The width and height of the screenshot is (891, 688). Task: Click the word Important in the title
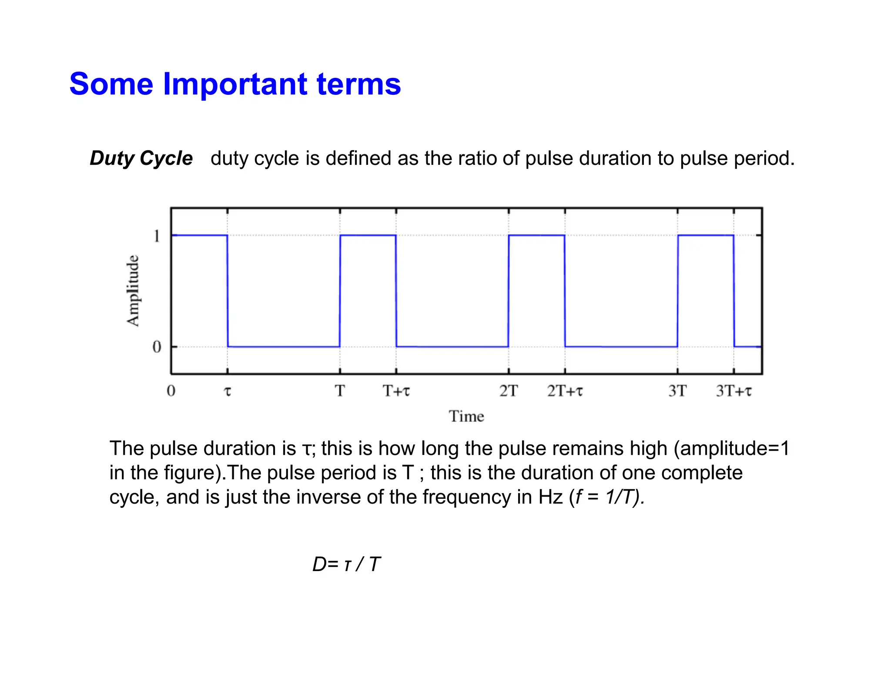(x=235, y=84)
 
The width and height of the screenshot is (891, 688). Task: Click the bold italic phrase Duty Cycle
(x=141, y=158)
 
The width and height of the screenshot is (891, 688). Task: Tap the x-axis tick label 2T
(x=508, y=391)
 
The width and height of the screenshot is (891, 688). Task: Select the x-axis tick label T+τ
(x=396, y=391)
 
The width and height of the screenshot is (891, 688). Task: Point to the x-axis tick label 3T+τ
(x=734, y=391)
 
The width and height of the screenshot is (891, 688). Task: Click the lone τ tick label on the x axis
(x=227, y=391)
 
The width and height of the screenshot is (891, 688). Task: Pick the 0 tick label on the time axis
(x=171, y=391)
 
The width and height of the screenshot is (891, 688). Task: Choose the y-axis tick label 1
(x=157, y=236)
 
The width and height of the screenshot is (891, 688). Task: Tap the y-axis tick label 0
(x=157, y=347)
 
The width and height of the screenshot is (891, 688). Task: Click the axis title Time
(x=466, y=417)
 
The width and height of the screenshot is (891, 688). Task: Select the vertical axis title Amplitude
(x=133, y=291)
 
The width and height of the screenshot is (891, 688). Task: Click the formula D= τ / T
(x=346, y=564)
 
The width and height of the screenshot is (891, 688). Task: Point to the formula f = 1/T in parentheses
(x=606, y=497)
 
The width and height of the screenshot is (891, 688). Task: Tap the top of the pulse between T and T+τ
(x=368, y=235)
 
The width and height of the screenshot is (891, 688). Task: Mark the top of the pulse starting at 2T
(x=536, y=235)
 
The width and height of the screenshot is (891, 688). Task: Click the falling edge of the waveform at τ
(x=228, y=291)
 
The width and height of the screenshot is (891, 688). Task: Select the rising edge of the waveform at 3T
(x=678, y=291)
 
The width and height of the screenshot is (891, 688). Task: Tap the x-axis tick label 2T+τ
(x=565, y=391)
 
